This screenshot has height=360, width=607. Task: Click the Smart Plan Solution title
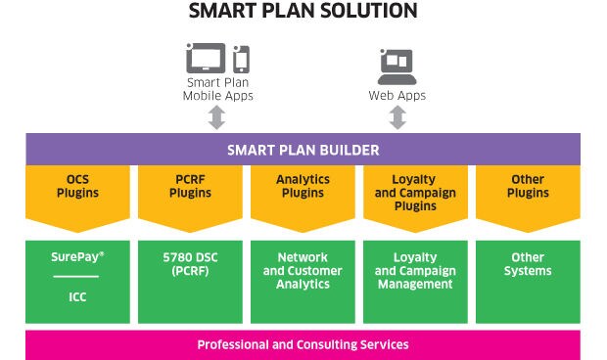tap(303, 11)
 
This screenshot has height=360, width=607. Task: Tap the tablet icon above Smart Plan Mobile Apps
tap(206, 58)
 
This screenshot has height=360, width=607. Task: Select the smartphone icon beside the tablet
tap(241, 59)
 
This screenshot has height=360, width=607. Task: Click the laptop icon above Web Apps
tap(397, 67)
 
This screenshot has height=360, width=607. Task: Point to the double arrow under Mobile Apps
tap(216, 117)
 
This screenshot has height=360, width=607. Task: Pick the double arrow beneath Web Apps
tap(397, 117)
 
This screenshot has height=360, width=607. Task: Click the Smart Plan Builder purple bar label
tap(303, 150)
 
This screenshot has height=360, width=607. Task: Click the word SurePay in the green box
tap(75, 257)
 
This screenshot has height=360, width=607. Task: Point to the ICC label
tap(77, 297)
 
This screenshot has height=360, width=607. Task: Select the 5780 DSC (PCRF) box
tap(191, 282)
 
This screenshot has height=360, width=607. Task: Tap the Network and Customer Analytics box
tap(303, 282)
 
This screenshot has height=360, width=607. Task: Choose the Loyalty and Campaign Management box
tap(415, 282)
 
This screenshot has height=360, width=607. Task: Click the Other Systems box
tap(528, 282)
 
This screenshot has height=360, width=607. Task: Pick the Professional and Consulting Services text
tap(303, 344)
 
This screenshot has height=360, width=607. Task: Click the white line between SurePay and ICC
tap(76, 277)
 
